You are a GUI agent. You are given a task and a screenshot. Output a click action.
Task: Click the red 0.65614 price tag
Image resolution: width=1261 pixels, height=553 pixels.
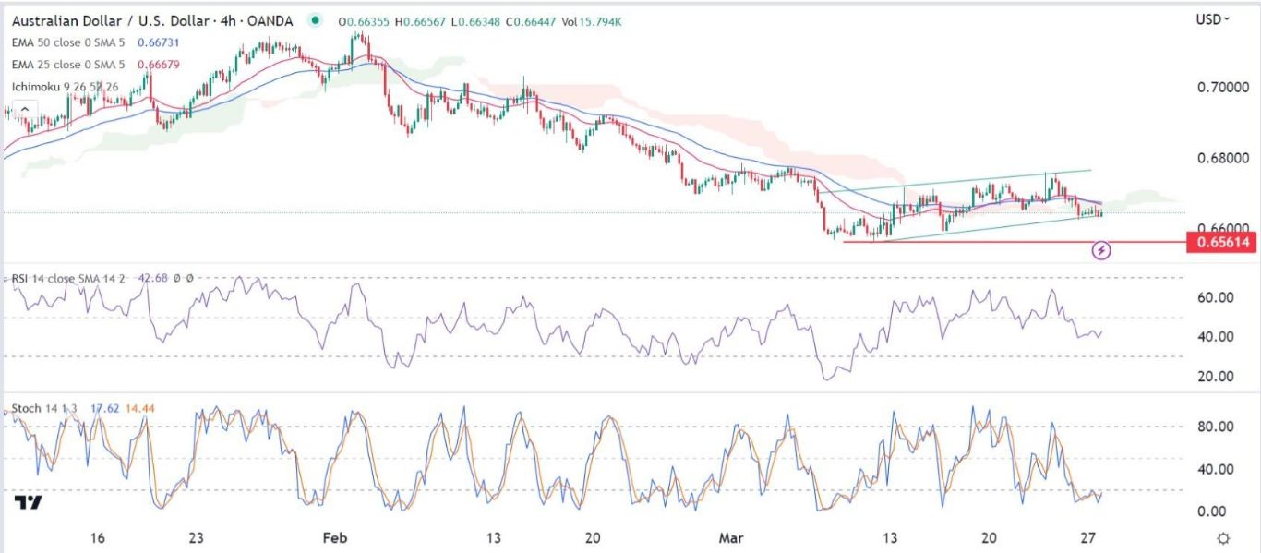[1224, 243]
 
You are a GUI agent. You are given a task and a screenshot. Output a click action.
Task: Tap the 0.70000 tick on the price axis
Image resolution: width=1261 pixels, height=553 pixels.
[1222, 87]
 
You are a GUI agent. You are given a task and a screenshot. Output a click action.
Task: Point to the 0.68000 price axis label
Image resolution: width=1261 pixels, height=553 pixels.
[1222, 159]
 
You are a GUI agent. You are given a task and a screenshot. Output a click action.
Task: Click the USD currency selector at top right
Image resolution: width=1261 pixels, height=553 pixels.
[1213, 19]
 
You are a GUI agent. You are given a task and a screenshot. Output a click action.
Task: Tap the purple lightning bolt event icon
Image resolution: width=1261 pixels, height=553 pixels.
[1100, 249]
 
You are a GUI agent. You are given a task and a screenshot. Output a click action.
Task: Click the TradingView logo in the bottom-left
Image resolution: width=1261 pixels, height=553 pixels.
[29, 502]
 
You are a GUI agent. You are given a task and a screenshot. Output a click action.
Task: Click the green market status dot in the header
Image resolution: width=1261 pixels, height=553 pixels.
[317, 19]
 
